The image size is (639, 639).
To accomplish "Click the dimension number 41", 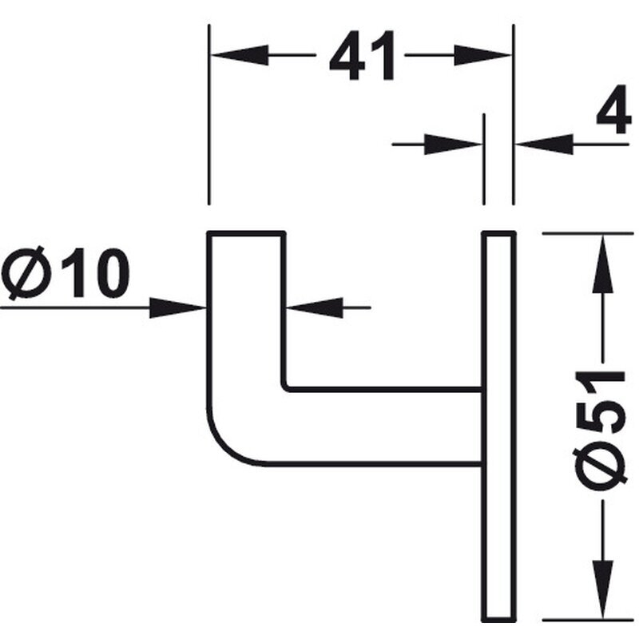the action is [x=362, y=55].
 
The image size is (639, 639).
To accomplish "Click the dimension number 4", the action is [x=613, y=109].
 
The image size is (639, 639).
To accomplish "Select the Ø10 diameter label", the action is [x=65, y=273].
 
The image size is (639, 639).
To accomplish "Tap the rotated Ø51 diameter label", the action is [x=598, y=431].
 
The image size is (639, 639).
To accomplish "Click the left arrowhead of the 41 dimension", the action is [x=240, y=54].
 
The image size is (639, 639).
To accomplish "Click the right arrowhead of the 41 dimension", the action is [x=482, y=54].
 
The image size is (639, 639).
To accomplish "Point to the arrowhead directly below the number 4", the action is [x=545, y=144].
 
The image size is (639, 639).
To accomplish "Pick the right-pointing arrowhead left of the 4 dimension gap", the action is [x=453, y=144].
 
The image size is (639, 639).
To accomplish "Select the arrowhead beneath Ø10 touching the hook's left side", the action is [x=178, y=308].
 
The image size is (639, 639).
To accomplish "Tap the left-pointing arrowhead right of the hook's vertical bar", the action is [x=315, y=308].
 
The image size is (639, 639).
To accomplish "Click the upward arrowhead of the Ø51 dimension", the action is [x=603, y=264].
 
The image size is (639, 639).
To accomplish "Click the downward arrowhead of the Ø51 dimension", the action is [x=603, y=590].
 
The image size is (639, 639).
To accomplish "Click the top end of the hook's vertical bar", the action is [x=247, y=232].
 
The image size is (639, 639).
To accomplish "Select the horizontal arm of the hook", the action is [x=383, y=427].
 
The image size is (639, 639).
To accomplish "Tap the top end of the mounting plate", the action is [x=499, y=232].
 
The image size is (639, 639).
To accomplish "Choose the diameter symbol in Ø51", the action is [x=598, y=469].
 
